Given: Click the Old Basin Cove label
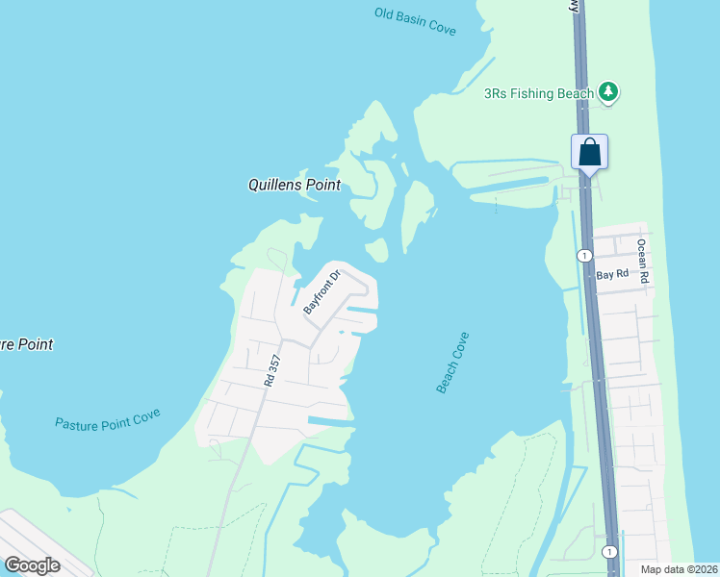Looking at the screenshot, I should [x=415, y=21].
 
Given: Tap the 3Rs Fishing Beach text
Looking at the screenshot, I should [x=538, y=93].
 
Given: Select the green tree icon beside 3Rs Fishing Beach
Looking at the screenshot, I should [x=607, y=92].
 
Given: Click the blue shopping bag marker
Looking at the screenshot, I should [x=589, y=153].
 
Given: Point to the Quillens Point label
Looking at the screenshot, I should [x=294, y=186].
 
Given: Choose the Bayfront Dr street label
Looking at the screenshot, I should [x=322, y=292].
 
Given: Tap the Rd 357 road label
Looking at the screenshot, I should [x=274, y=371].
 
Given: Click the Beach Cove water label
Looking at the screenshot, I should [x=452, y=363].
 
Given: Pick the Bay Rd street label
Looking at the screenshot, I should [x=611, y=274].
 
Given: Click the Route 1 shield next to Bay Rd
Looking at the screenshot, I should [x=583, y=256].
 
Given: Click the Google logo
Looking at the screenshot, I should [x=32, y=564].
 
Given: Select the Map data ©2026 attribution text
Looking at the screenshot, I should [x=679, y=569].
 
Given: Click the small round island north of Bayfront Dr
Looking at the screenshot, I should [x=376, y=250].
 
